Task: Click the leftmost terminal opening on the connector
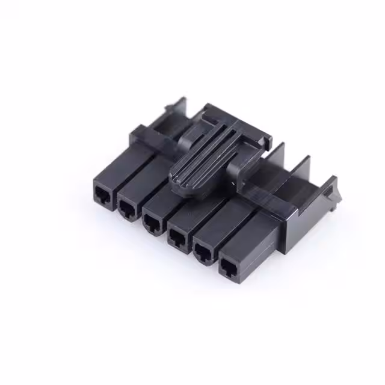point(102,194)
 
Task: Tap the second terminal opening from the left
point(126,209)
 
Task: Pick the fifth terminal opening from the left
point(203,253)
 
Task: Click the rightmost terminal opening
point(229,268)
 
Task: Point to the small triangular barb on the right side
point(329,193)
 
